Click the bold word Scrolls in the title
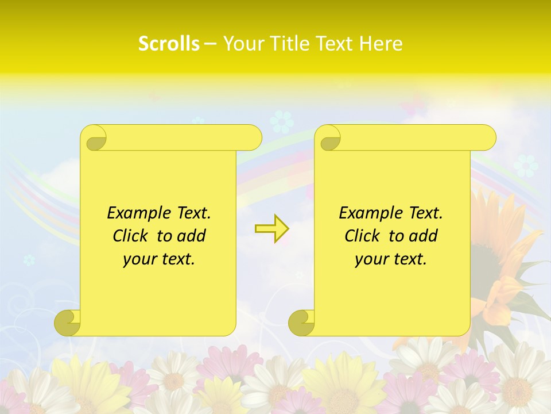pyautogui.click(x=169, y=44)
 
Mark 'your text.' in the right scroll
pyautogui.click(x=391, y=259)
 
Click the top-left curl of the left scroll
pyautogui.click(x=94, y=138)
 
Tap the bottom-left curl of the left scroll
pyautogui.click(x=67, y=323)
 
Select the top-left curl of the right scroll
pyautogui.click(x=328, y=138)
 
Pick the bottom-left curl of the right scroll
pyautogui.click(x=301, y=323)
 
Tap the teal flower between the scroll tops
pyautogui.click(x=281, y=122)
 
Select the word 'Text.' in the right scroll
pyautogui.click(x=425, y=213)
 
